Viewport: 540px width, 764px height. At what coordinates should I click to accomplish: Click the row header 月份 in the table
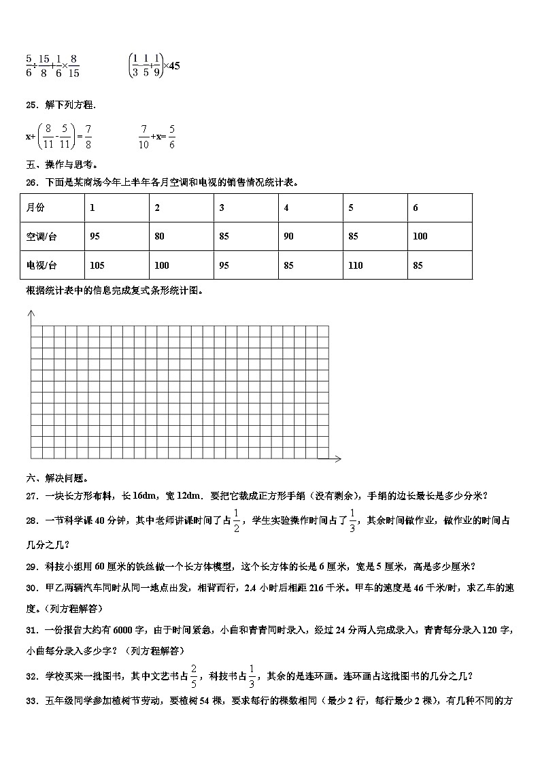point(35,208)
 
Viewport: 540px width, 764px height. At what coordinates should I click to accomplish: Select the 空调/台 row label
point(39,237)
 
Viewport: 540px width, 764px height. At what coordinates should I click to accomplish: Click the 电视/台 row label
point(39,265)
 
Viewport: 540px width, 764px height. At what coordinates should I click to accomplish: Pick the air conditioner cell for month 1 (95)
point(95,237)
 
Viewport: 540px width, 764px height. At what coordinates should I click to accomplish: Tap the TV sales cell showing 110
point(356,265)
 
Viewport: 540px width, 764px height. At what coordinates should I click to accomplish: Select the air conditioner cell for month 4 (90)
point(288,237)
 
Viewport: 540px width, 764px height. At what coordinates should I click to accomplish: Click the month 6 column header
point(416,208)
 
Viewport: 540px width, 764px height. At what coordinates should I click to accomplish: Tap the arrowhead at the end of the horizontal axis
point(337,459)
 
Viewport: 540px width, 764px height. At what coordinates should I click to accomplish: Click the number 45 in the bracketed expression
point(173,66)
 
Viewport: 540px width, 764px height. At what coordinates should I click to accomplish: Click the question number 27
point(31,496)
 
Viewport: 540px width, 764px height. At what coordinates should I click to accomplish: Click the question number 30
point(31,588)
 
